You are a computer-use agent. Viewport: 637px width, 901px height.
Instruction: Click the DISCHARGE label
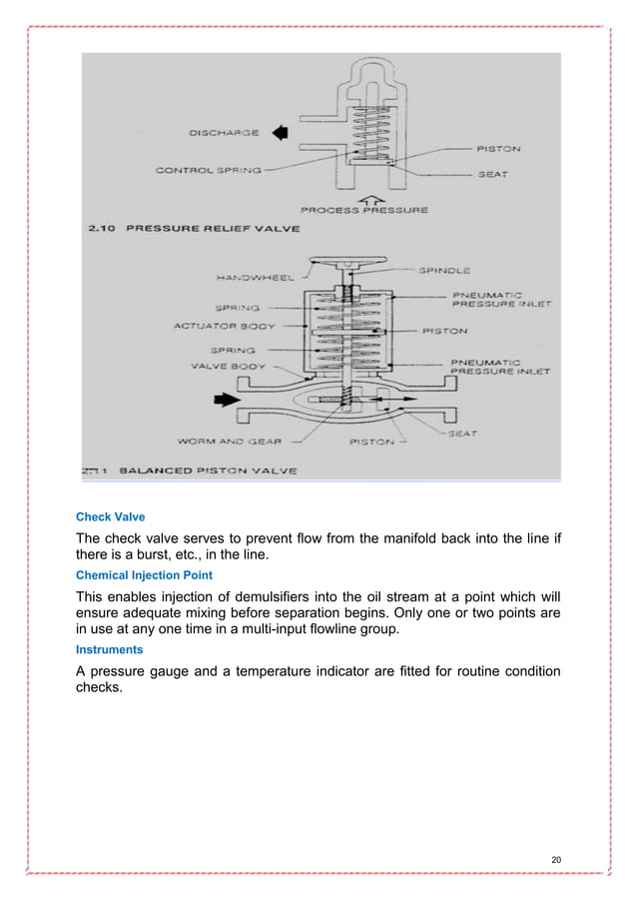tap(223, 132)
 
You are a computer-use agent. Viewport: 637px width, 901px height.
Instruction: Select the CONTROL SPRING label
tap(209, 170)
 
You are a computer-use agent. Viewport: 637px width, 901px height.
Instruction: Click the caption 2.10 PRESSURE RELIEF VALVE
tap(177, 230)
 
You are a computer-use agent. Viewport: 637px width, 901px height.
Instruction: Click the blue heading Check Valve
tap(111, 517)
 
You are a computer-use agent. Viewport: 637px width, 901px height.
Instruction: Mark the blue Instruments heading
tap(109, 649)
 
